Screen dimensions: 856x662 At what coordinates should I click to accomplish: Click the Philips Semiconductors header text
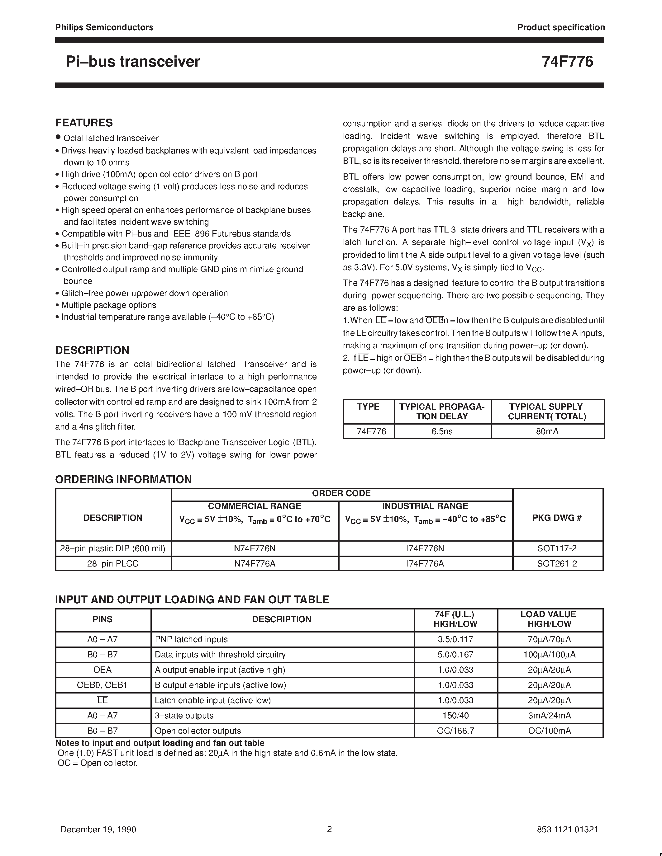(104, 27)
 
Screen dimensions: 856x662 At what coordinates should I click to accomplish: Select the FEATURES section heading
(84, 123)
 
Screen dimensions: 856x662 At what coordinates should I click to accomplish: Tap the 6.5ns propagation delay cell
(442, 431)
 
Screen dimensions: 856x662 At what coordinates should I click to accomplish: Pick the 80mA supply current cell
(547, 431)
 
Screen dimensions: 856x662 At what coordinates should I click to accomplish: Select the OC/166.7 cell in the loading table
(455, 731)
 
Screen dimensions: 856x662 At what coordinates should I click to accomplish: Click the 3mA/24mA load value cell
(550, 715)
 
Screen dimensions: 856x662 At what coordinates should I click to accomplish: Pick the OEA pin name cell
(102, 670)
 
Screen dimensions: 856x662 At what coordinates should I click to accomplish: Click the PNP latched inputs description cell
(191, 639)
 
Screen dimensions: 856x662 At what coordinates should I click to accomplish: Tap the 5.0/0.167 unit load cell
(455, 654)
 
